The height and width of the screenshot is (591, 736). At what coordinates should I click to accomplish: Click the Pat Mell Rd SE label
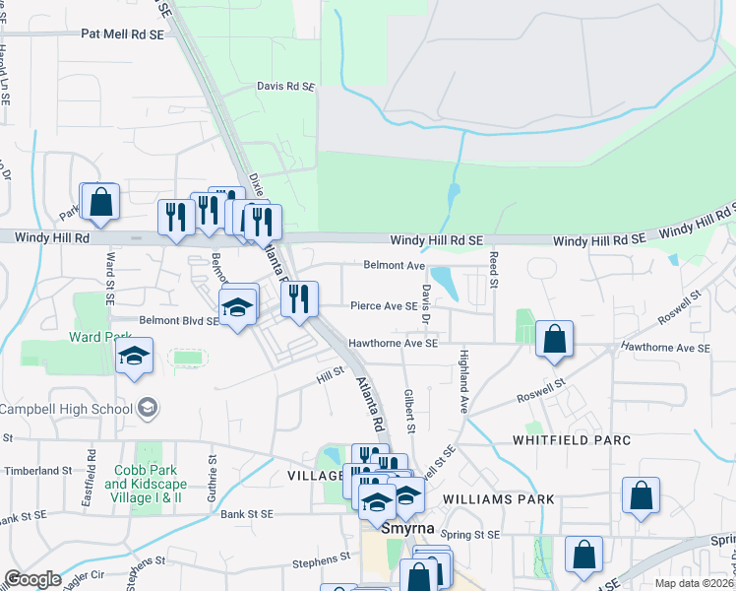point(123,33)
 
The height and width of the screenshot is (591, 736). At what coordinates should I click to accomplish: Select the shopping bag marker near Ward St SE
point(100,203)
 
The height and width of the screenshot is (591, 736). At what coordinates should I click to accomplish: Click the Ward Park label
point(94,336)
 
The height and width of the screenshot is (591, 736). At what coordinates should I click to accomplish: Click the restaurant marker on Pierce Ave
point(299,299)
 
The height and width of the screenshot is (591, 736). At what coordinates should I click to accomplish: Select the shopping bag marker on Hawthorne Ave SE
point(555,339)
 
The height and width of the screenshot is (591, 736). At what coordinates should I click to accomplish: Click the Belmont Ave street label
point(394,265)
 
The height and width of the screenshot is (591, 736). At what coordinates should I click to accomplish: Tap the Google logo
point(32,579)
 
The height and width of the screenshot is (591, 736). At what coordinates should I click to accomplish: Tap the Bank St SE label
point(260,513)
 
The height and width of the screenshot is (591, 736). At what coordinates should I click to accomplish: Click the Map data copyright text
point(694,583)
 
